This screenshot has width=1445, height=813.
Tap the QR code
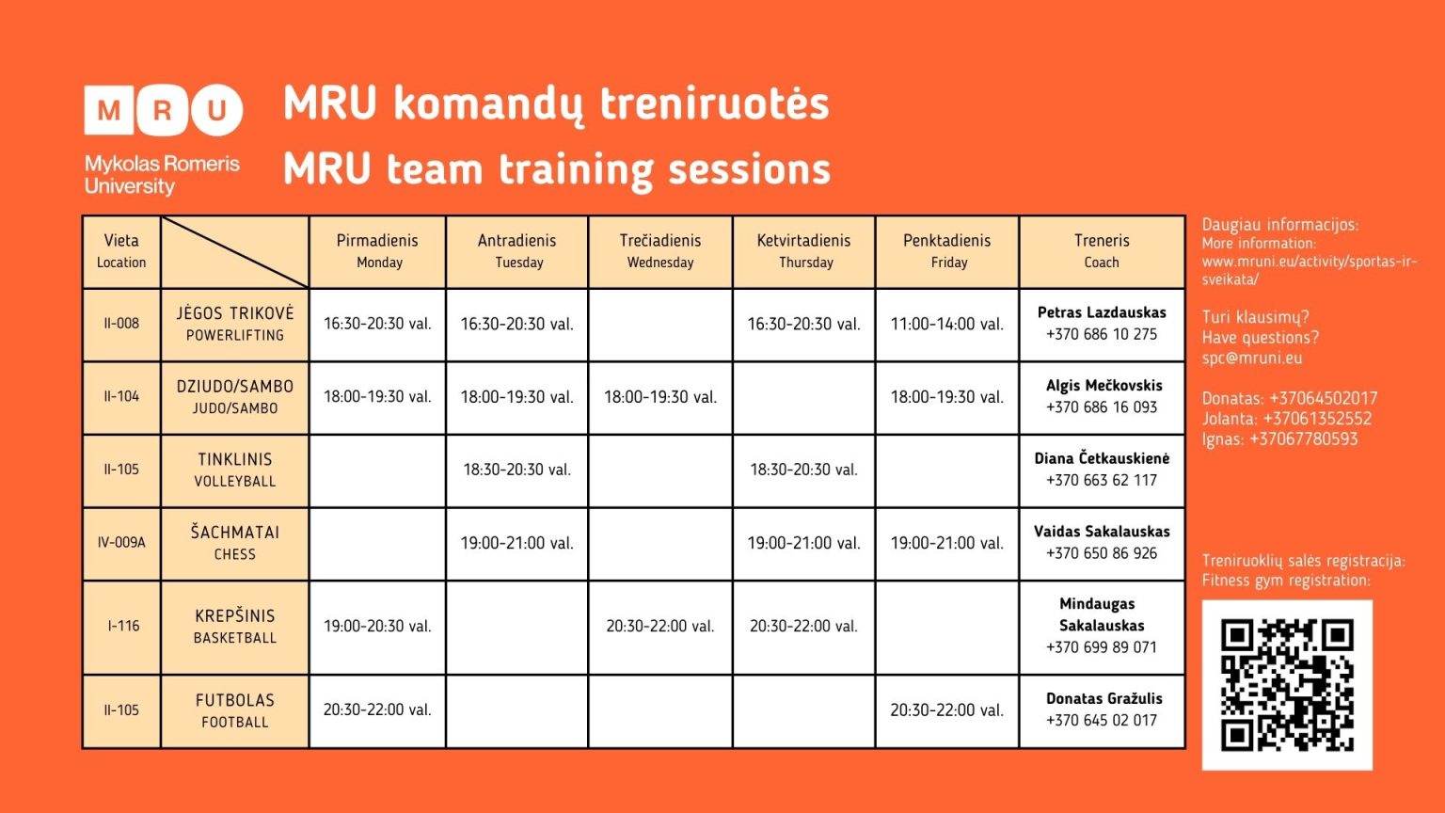pyautogui.click(x=1286, y=684)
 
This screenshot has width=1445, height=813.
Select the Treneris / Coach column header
pyautogui.click(x=1102, y=251)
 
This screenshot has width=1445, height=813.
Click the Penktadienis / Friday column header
pyautogui.click(x=947, y=251)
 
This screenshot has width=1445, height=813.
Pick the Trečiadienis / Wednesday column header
pyautogui.click(x=660, y=251)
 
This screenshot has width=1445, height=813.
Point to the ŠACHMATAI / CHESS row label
pyautogui.click(x=235, y=543)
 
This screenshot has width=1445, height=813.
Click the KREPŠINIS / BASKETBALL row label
pyautogui.click(x=235, y=627)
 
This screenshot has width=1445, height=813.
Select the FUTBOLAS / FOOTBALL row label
pyautogui.click(x=235, y=710)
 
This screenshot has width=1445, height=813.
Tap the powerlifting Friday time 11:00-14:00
pyautogui.click(x=947, y=324)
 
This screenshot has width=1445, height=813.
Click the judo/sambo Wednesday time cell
pyautogui.click(x=660, y=397)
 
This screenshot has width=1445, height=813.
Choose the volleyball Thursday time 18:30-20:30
pyautogui.click(x=803, y=470)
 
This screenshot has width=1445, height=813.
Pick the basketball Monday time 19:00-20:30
pyautogui.click(x=377, y=627)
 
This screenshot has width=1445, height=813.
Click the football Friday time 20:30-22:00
pyautogui.click(x=947, y=710)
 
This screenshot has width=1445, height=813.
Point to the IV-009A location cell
pyautogui.click(x=121, y=543)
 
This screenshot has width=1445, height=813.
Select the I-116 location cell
pyautogui.click(x=123, y=627)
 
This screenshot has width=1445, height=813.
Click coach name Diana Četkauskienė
pyautogui.click(x=1102, y=458)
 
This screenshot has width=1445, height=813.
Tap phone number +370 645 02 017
pyautogui.click(x=1102, y=721)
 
